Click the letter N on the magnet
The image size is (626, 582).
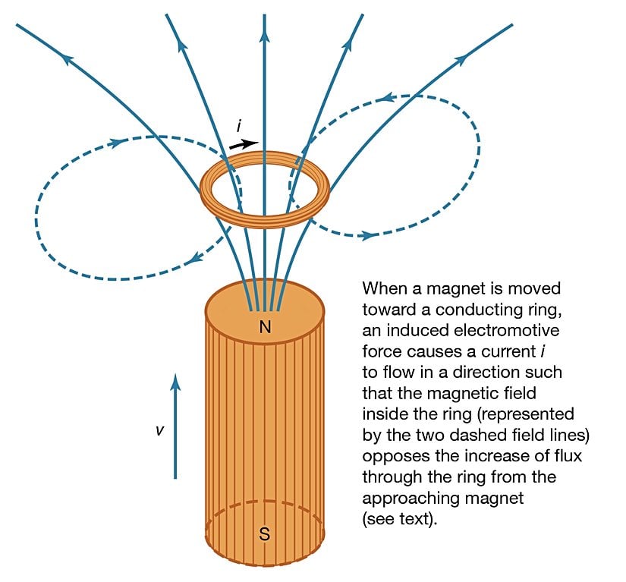pyautogui.click(x=265, y=327)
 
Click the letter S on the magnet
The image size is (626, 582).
pyautogui.click(x=264, y=533)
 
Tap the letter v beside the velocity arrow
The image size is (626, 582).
pyautogui.click(x=159, y=430)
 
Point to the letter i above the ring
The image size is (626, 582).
pyautogui.click(x=239, y=125)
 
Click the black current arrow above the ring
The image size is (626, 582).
pyautogui.click(x=244, y=144)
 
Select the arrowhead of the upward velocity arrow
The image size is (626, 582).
pyautogui.click(x=175, y=381)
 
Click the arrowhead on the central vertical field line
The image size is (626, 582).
pyautogui.click(x=264, y=35)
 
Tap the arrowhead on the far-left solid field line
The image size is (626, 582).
pyautogui.click(x=68, y=59)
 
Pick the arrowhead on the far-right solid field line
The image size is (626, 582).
pyautogui.click(x=461, y=60)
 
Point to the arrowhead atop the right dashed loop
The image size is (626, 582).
pyautogui.click(x=388, y=97)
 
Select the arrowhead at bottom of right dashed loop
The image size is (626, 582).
pyautogui.click(x=369, y=235)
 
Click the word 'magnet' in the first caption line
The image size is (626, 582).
pyautogui.click(x=455, y=288)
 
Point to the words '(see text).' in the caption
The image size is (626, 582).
pyautogui.click(x=400, y=518)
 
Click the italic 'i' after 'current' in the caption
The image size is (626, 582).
pyautogui.click(x=543, y=351)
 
